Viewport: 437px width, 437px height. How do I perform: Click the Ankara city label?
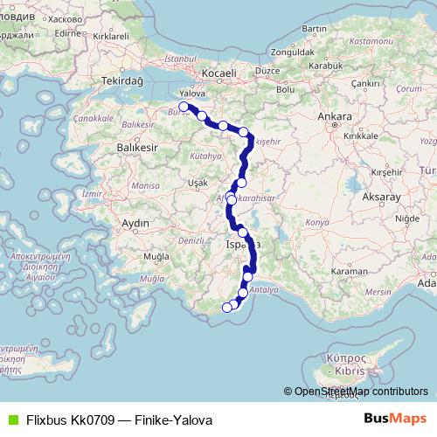335,115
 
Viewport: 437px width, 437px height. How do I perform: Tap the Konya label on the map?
316,223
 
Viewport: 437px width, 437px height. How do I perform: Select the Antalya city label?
263,288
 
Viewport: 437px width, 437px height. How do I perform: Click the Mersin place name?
378,291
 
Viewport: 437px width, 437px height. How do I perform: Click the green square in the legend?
10,420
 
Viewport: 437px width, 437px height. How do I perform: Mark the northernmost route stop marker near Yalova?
184,107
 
